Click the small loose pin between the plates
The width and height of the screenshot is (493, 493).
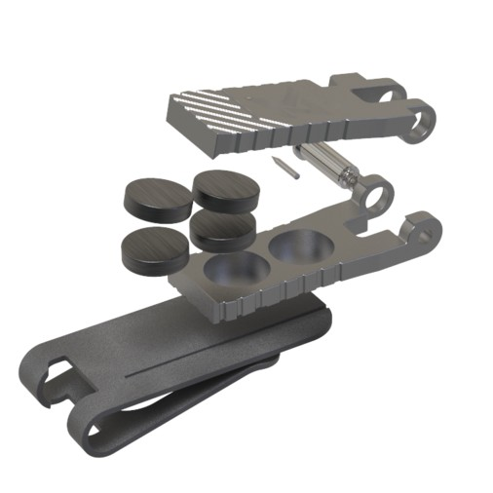(x=286, y=167)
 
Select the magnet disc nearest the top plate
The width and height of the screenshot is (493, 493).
(x=227, y=187)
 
